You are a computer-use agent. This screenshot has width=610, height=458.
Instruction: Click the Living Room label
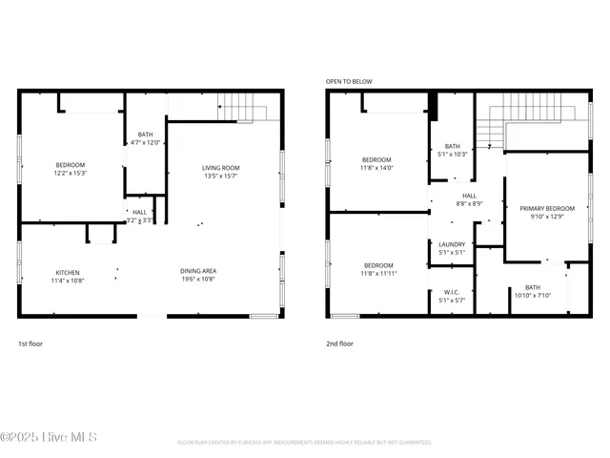(x=219, y=168)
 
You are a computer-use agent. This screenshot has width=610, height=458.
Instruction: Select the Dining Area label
(x=198, y=272)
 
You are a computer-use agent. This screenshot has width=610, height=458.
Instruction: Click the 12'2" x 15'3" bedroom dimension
(x=70, y=173)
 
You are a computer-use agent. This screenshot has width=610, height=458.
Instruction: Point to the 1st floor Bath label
(x=145, y=135)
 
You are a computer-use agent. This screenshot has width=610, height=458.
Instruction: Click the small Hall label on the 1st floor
(x=139, y=212)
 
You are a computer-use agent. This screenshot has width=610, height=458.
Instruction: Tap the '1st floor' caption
(x=30, y=343)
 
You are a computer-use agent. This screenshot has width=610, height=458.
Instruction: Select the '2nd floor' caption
(x=340, y=343)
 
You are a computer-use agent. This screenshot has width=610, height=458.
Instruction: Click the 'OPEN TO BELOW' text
(x=349, y=82)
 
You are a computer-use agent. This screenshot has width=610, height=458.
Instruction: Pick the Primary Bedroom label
(x=546, y=208)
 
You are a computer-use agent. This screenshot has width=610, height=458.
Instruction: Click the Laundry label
(x=452, y=244)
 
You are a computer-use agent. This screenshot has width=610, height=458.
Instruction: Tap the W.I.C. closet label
(x=452, y=292)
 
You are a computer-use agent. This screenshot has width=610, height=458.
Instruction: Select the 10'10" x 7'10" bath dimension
(x=532, y=296)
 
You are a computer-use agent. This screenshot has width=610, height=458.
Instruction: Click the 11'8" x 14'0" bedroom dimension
(x=376, y=167)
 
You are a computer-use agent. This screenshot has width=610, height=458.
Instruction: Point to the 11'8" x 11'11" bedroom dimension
(x=378, y=273)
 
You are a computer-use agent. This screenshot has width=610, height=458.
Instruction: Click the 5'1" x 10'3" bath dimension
(x=452, y=154)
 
